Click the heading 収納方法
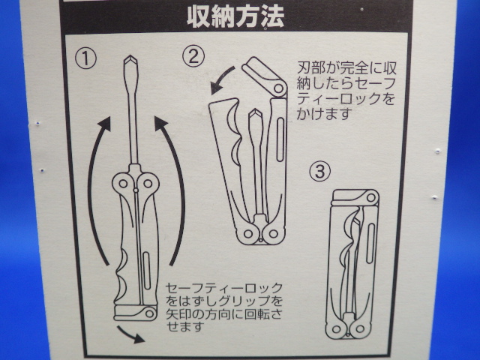pos(235,16)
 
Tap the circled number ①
pos(85,59)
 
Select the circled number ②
pos(193,56)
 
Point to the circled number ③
pos(320,171)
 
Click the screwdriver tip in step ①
pos(130,62)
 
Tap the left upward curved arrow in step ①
pos(98,190)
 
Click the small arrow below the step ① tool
pos(130,334)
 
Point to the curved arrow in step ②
pos(221,79)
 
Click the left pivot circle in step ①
pos(123,184)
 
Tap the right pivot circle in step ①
pos(148,184)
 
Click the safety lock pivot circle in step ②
pos(278,88)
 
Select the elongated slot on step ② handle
pos(280,139)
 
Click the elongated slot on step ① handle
pos(147,271)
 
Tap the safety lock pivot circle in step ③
pos(370,197)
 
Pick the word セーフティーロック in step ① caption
pos(224,288)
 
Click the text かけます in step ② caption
pos(323,113)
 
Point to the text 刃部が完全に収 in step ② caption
pos(346,68)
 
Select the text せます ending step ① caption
pos(185,327)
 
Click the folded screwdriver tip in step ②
pos(255,116)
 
